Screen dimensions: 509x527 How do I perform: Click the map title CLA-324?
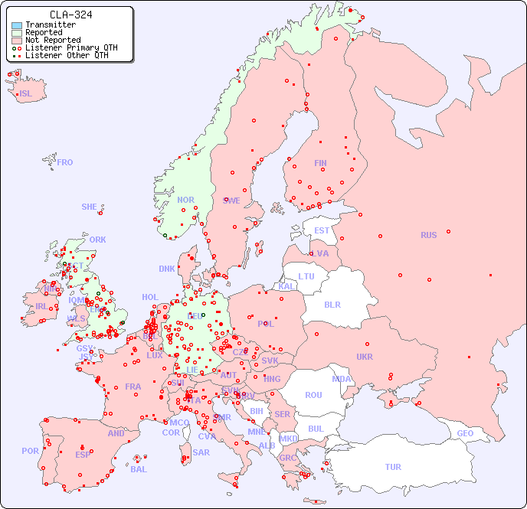tap(70, 15)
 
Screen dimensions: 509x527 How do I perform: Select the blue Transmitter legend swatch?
tap(17, 25)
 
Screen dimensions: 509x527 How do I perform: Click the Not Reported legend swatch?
tap(17, 40)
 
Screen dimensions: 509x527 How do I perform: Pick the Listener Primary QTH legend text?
tap(71, 47)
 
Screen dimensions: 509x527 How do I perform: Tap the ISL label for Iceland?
tap(26, 94)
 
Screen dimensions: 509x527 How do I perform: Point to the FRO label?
tap(65, 162)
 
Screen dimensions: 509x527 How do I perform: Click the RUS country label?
tap(428, 235)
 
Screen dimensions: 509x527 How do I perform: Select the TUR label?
tap(393, 467)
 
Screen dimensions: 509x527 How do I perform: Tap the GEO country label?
tap(465, 434)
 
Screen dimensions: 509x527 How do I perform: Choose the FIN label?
tap(320, 163)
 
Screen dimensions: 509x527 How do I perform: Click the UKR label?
tap(365, 357)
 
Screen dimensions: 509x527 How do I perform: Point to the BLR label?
tap(332, 304)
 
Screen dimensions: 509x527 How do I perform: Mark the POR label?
tap(30, 451)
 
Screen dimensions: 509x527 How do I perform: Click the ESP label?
tap(83, 454)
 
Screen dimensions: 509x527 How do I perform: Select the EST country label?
tap(322, 230)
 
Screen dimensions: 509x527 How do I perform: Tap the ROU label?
tap(313, 395)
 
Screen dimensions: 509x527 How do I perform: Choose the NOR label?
tap(186, 200)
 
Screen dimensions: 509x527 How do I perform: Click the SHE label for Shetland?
tap(90, 207)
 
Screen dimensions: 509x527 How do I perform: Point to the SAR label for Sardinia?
tap(201, 452)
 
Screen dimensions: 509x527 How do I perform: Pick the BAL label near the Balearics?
tap(139, 469)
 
